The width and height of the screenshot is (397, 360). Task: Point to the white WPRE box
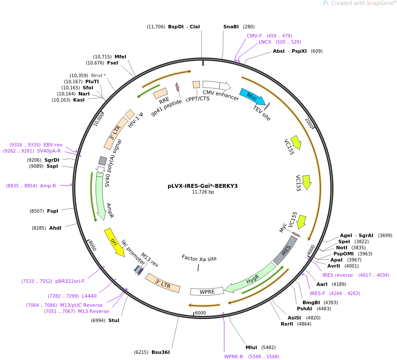pos(207,291)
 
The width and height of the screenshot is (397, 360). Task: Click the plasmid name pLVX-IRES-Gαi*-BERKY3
pos(202,186)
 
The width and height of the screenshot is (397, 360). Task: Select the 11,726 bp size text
pos(203,192)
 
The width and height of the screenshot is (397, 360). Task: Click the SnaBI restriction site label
pos(231,27)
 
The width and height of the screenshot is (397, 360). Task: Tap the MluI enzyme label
pos(251,347)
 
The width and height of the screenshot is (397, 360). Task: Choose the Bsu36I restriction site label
pos(160,352)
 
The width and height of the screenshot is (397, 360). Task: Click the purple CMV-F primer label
pos(254,36)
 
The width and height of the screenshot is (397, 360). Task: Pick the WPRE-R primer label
pos(233,357)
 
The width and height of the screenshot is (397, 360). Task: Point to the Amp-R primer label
pos(48,186)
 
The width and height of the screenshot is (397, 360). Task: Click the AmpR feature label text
pos(110,211)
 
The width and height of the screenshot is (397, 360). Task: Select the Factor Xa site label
pos(199,258)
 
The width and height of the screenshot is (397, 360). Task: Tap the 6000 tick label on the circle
pos(200,313)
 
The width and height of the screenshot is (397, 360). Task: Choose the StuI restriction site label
pos(114,320)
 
